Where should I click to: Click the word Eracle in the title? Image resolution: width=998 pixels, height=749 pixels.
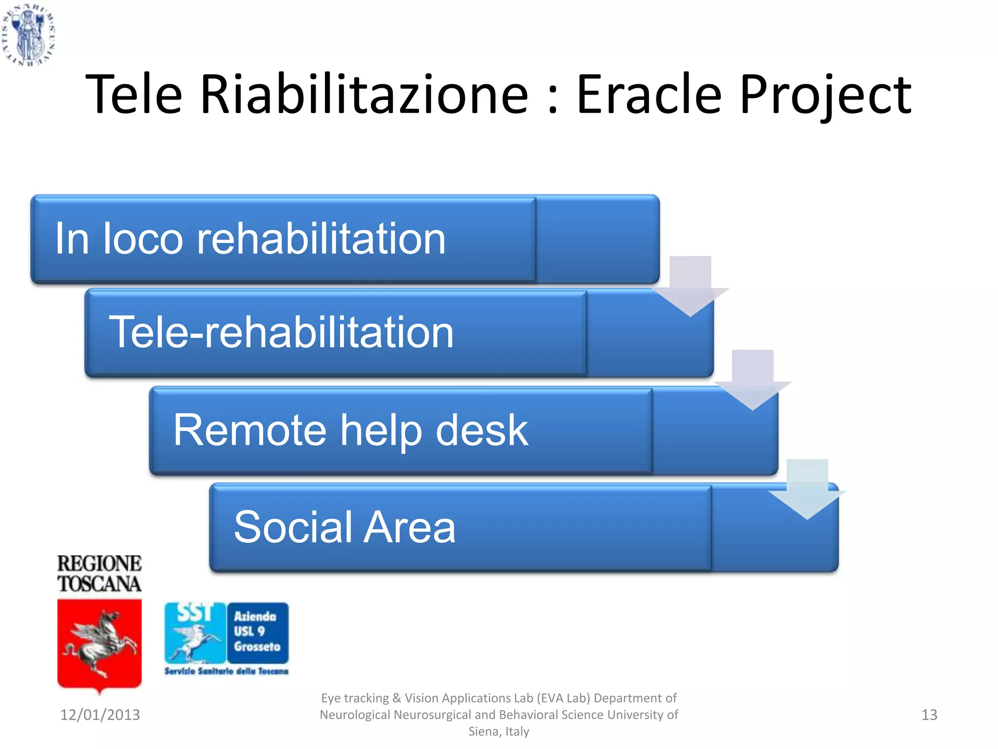click(649, 94)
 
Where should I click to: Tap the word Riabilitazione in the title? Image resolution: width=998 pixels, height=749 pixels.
click(364, 94)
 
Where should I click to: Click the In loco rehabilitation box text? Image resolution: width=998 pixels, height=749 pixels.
click(250, 238)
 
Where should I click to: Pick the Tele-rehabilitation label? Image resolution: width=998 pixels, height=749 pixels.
click(281, 332)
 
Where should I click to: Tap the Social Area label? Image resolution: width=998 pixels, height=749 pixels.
click(345, 527)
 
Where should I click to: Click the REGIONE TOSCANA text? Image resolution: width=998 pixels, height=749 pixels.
click(99, 573)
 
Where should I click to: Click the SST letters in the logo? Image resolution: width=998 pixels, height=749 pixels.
click(195, 613)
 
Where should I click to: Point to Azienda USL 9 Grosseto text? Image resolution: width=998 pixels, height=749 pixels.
click(257, 631)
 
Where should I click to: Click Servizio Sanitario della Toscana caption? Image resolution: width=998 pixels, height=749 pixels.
click(226, 671)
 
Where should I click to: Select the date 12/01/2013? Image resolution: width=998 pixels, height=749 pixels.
click(100, 715)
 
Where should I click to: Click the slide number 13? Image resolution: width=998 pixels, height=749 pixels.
click(929, 715)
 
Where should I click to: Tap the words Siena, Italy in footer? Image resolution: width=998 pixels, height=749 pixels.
click(499, 731)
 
